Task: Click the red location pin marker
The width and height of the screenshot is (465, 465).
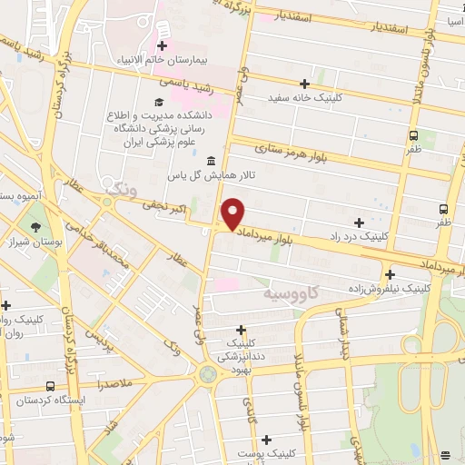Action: click(x=233, y=213)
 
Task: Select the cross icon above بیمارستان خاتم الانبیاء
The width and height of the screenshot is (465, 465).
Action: click(x=163, y=45)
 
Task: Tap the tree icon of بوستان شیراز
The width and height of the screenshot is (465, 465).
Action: click(x=35, y=228)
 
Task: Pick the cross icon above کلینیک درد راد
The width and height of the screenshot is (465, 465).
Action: click(x=360, y=222)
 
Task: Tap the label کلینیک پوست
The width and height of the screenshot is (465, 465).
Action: click(x=270, y=451)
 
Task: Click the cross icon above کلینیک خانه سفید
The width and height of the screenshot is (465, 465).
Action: click(x=305, y=83)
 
